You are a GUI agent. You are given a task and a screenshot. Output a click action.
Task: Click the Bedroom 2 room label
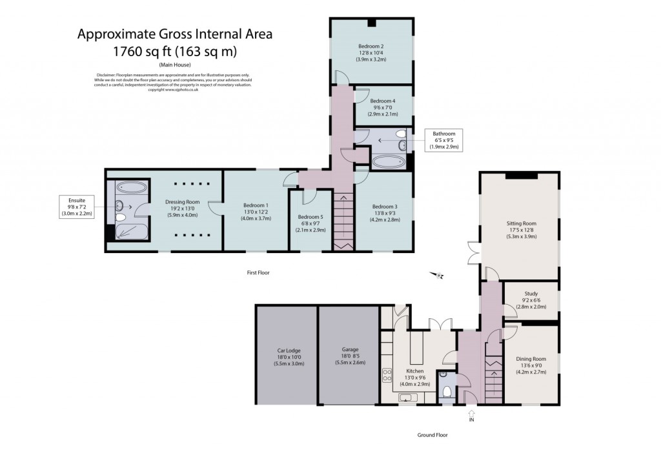pos(371,52)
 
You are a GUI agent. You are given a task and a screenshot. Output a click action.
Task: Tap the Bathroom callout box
pos(444,140)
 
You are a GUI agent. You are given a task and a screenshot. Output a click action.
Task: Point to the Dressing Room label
pos(183,208)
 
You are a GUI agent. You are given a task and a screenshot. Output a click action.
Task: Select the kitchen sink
pos(407,397)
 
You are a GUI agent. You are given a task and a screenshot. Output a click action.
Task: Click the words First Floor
pos(258,273)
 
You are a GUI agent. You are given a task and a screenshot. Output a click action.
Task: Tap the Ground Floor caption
pos(432,434)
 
